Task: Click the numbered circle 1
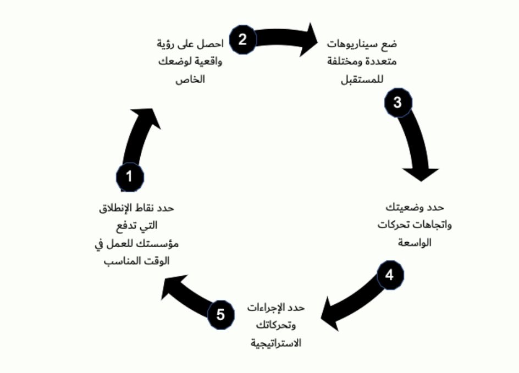click(x=130, y=177)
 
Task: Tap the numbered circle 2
click(x=242, y=39)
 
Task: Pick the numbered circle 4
click(x=390, y=275)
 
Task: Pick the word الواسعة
click(x=414, y=242)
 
